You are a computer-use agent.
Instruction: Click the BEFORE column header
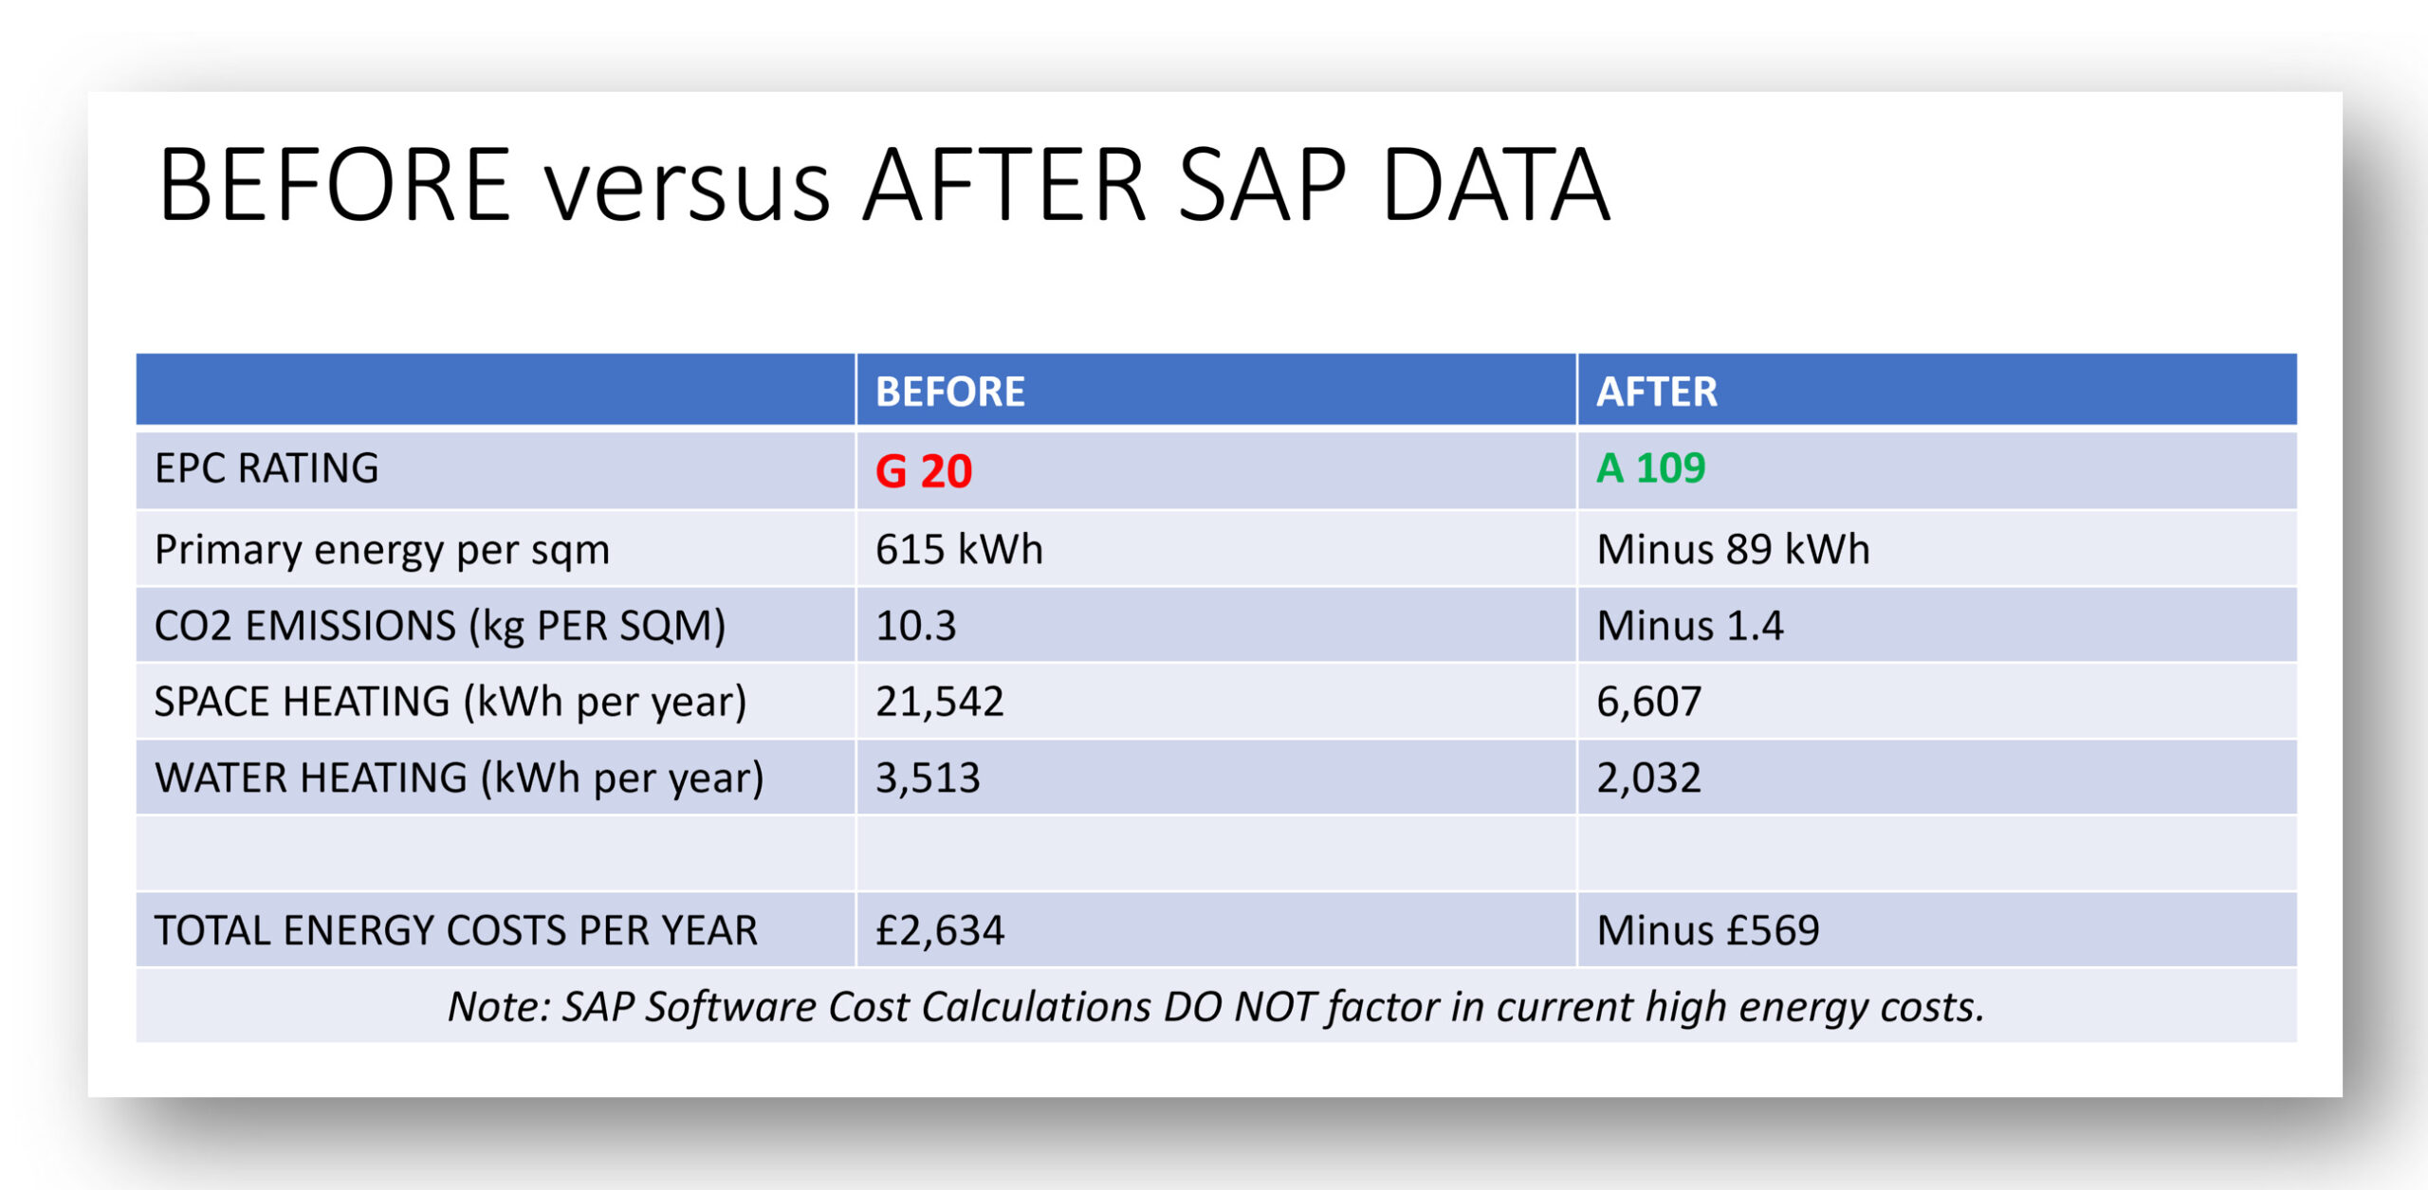pyautogui.click(x=949, y=392)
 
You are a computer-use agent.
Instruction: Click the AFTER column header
pyautogui.click(x=1656, y=392)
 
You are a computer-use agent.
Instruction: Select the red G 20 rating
pyautogui.click(x=923, y=471)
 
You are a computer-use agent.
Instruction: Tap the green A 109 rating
pyautogui.click(x=1650, y=468)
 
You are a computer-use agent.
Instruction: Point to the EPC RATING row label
pyautogui.click(x=267, y=468)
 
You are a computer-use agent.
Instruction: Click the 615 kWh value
pyautogui.click(x=958, y=550)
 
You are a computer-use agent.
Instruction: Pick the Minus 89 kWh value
pyautogui.click(x=1733, y=550)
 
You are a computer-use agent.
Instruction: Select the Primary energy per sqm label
pyautogui.click(x=381, y=550)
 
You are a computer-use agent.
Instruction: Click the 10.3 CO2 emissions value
pyautogui.click(x=915, y=626)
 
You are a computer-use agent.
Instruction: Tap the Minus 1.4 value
pyautogui.click(x=1689, y=626)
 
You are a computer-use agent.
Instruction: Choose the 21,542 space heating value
pyautogui.click(x=939, y=702)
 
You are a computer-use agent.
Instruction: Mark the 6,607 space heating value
pyautogui.click(x=1648, y=702)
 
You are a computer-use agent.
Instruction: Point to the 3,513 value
pyautogui.click(x=927, y=778)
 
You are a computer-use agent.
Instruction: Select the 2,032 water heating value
pyautogui.click(x=1648, y=778)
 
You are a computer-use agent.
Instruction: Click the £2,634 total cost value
pyautogui.click(x=939, y=930)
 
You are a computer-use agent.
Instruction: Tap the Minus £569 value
pyautogui.click(x=1707, y=930)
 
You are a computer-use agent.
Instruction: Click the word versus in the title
pyautogui.click(x=687, y=188)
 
